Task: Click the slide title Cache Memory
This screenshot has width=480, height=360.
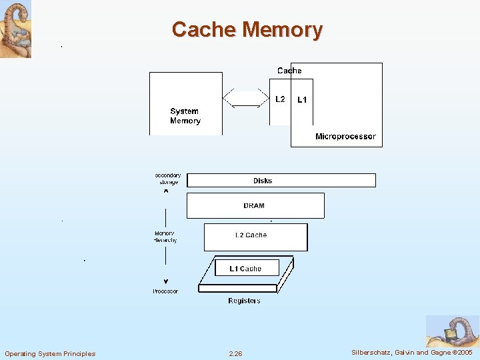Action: (x=247, y=29)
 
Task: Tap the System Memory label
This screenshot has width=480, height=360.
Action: (x=185, y=116)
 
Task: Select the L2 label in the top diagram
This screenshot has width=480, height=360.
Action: (x=280, y=99)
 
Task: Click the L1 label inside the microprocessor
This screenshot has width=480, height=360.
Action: (x=302, y=100)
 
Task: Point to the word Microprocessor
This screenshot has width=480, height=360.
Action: (x=345, y=137)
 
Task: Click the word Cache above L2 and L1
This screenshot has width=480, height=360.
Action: (x=289, y=71)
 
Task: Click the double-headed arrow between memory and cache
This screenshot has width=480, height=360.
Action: (x=246, y=99)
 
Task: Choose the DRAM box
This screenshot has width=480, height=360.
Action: (x=255, y=206)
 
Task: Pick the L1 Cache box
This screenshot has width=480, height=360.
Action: (x=246, y=269)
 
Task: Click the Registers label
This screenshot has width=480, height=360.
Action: (x=244, y=301)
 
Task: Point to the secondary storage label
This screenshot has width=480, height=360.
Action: (x=168, y=179)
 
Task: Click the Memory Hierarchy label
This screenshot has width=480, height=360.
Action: (x=166, y=237)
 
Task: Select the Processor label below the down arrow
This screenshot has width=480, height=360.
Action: (x=165, y=291)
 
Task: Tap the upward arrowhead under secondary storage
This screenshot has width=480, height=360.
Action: (x=166, y=191)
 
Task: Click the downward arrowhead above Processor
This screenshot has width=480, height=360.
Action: (x=166, y=281)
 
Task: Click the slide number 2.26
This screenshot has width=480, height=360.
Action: (x=235, y=353)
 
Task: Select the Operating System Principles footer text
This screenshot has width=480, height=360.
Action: (x=50, y=353)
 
